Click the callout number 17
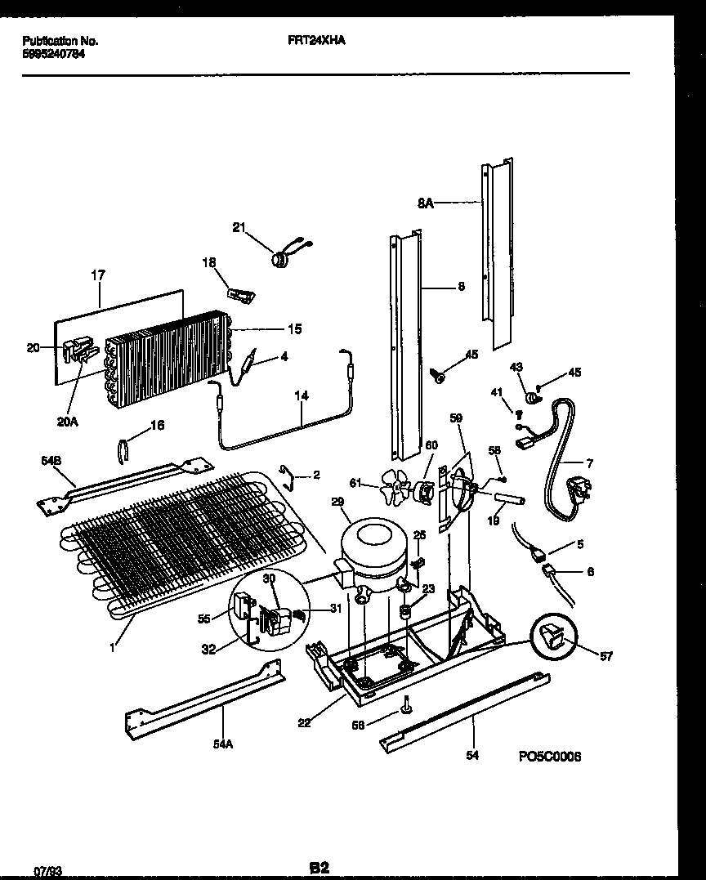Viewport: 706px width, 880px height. tap(97, 275)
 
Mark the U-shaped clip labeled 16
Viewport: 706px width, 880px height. tap(125, 449)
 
